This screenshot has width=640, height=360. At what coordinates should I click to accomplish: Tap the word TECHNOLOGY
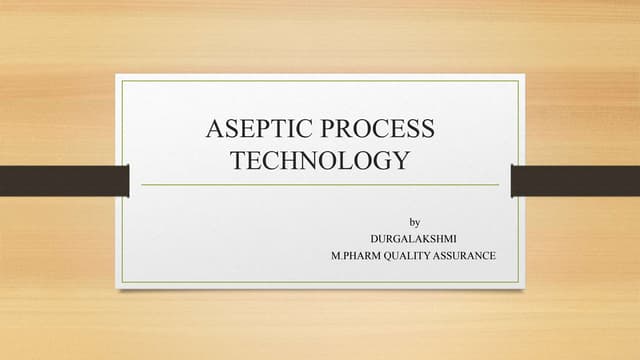(x=320, y=160)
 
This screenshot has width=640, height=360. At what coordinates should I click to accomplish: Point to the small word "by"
(x=415, y=221)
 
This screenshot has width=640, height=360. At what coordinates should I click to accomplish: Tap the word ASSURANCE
(x=469, y=256)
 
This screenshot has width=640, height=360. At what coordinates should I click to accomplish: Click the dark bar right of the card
(x=575, y=181)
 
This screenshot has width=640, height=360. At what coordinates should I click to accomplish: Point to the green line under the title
(x=320, y=185)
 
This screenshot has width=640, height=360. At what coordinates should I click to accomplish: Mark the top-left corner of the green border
(x=123, y=81)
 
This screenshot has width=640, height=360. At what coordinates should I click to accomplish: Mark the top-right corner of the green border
(x=518, y=81)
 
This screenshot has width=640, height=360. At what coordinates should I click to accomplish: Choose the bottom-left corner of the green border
(x=123, y=282)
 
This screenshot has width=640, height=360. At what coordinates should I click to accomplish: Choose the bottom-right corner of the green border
(x=518, y=282)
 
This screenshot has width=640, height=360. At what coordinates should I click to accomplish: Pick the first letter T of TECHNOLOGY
(x=240, y=160)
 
